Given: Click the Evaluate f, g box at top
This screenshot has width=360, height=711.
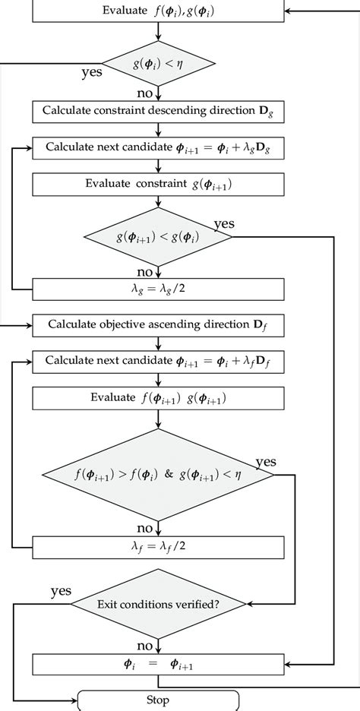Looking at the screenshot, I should [x=158, y=11].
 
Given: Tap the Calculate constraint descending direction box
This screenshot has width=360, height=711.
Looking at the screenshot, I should [x=158, y=112].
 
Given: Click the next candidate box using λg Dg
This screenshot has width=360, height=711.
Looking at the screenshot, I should [x=158, y=148].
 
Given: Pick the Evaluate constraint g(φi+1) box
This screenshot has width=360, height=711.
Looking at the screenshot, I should [x=158, y=185].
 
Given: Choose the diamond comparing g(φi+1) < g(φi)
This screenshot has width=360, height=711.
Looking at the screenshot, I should [x=158, y=236].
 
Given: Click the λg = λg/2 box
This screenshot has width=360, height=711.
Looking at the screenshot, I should [x=158, y=289].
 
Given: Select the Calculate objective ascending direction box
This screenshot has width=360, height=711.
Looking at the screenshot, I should [x=158, y=324].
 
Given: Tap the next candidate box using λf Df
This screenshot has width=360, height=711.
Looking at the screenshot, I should [x=158, y=362].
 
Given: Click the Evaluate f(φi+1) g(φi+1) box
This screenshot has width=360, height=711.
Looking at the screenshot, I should [x=158, y=398].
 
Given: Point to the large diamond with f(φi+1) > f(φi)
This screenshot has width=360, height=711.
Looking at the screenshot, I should [x=158, y=477].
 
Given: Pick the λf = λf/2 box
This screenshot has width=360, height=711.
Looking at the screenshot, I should [x=158, y=547].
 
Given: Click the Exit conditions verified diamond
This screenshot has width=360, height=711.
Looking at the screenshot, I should [x=158, y=605].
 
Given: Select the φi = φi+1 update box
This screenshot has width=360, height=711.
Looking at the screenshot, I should [x=158, y=664].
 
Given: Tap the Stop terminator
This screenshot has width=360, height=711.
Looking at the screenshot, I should [x=158, y=700].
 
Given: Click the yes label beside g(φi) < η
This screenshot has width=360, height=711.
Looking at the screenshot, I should [x=92, y=73].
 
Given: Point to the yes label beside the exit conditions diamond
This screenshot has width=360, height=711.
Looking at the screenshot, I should [x=61, y=590].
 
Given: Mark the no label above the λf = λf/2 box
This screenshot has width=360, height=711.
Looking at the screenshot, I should [x=145, y=528].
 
